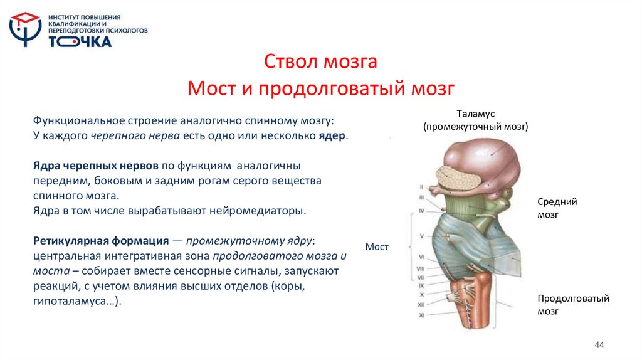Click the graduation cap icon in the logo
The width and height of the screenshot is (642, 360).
pos(25,21)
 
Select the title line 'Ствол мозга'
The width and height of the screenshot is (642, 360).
pos(320,63)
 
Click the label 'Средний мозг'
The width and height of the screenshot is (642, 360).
pos(557,208)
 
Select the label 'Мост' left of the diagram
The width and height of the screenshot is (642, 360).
pos(377,247)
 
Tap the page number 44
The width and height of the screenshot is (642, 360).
pos(599,346)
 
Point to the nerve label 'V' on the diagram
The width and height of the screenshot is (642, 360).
pos(421,236)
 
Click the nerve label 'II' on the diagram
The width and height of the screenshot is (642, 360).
pos(421,187)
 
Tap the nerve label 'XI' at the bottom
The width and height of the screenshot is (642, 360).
pos(421,314)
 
